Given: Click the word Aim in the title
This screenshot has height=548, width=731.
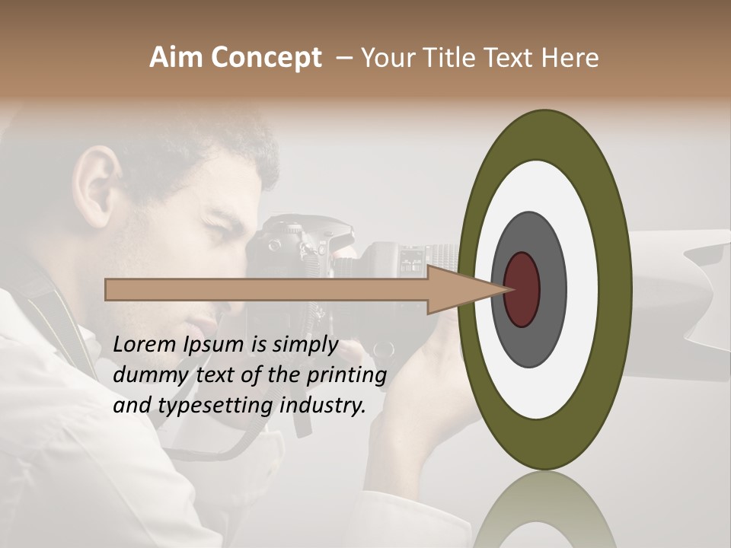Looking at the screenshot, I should tap(176, 58).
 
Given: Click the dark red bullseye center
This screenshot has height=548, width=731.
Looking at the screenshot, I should tap(522, 289).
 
